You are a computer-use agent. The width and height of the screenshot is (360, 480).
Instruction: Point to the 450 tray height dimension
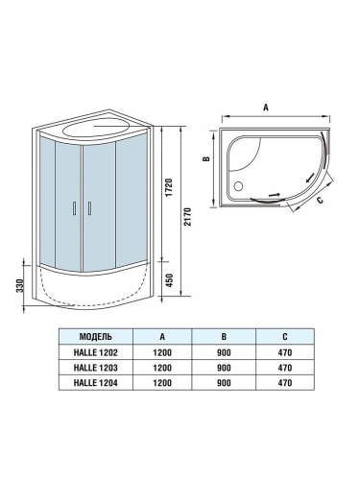click(x=167, y=281)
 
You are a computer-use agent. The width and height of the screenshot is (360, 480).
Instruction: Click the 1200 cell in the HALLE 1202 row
click(x=163, y=352)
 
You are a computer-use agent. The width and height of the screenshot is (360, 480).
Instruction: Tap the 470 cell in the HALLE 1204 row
click(x=285, y=383)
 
